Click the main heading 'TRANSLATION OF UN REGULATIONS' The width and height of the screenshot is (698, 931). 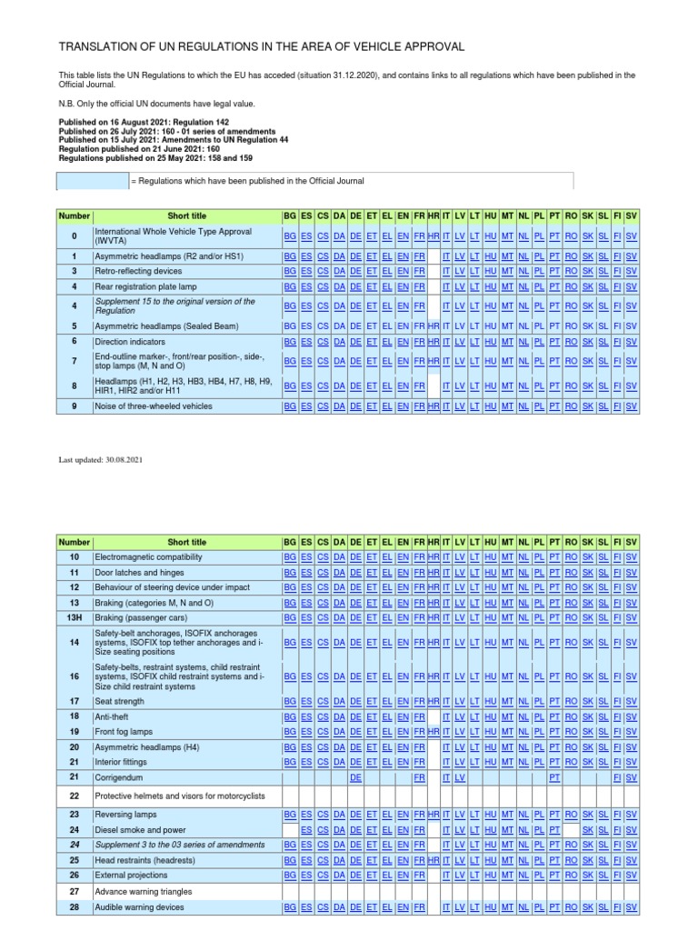[262, 46]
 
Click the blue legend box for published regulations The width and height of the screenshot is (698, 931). [94, 181]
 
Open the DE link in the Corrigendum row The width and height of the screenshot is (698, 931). [355, 778]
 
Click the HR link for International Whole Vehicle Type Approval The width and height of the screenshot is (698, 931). [434, 235]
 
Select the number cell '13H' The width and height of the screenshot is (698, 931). [75, 618]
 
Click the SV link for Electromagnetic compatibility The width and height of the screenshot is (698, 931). [632, 556]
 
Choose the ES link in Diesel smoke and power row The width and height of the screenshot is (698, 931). [307, 830]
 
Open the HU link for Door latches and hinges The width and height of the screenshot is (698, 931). [491, 573]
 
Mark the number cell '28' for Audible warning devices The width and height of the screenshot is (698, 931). [75, 907]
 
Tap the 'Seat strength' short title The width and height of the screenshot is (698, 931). [120, 701]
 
